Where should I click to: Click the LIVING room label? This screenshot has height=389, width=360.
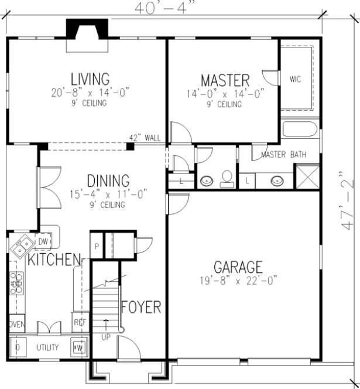click(90, 79)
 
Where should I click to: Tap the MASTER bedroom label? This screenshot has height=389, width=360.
click(225, 80)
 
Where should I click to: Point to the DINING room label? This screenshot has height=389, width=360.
click(108, 180)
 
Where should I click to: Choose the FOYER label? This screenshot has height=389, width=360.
click(140, 307)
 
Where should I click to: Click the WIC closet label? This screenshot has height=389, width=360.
click(296, 80)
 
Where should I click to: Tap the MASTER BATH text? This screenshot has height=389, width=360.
click(280, 155)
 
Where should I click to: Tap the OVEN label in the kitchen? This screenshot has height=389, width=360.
click(16, 324)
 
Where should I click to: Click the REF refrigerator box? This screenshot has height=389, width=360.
click(78, 322)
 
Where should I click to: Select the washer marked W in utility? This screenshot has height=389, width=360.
click(78, 347)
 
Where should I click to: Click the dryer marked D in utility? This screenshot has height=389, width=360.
click(17, 347)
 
